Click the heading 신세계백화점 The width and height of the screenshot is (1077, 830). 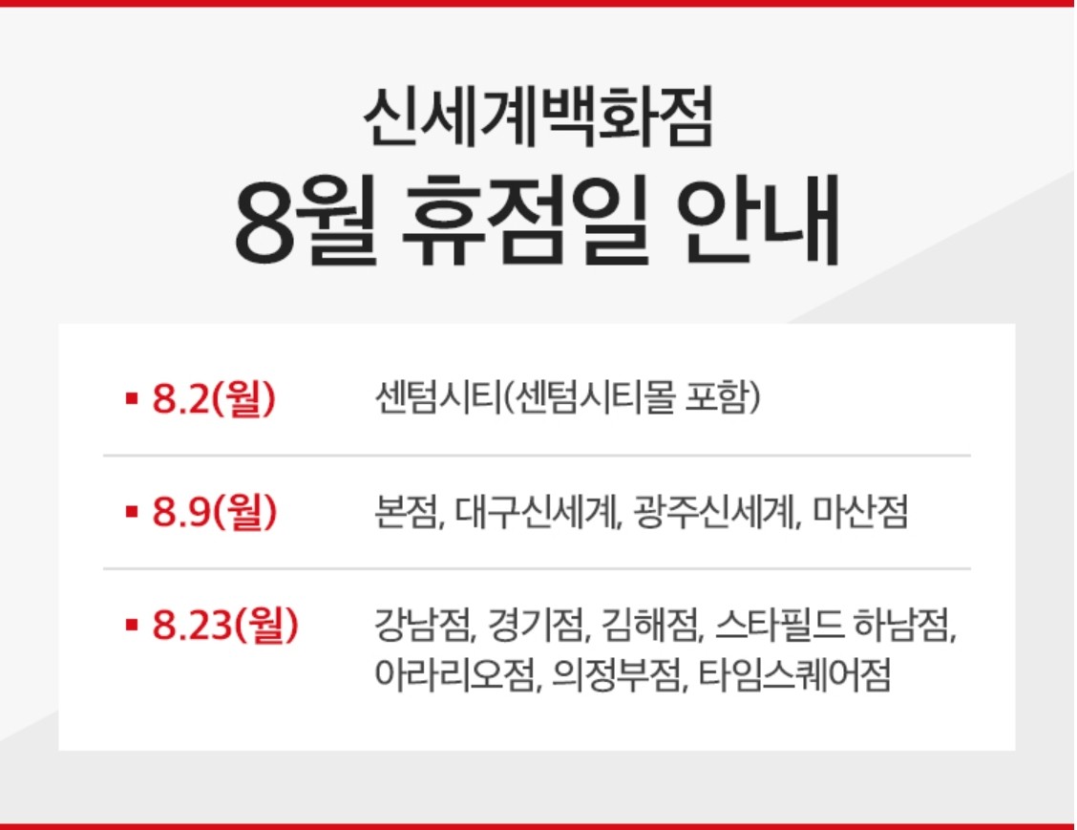(538, 118)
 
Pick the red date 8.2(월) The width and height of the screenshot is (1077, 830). (214, 399)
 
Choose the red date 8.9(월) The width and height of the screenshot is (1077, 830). (214, 513)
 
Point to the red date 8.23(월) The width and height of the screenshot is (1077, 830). (225, 626)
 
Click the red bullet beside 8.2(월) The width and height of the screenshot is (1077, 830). (132, 400)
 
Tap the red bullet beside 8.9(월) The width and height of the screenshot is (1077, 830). (132, 514)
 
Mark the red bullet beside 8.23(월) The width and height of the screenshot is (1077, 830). (132, 627)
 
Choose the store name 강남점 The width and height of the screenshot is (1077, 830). (423, 628)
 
